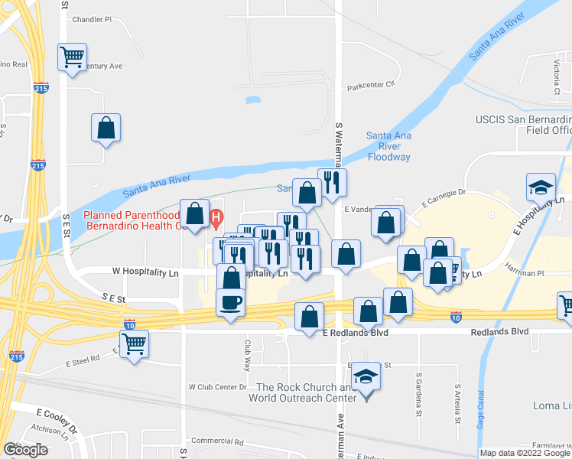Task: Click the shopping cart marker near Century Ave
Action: pos(72,57)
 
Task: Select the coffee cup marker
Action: pos(231,302)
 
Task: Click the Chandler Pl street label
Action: pos(92,19)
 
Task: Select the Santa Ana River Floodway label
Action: pos(388,146)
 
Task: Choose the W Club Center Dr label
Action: pos(216,386)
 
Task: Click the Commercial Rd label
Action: pos(216,441)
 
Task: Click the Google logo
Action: pos(25,450)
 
